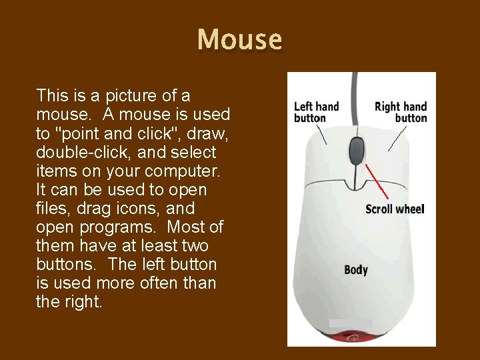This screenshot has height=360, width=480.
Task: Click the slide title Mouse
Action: tap(240, 40)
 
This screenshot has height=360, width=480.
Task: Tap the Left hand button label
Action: tap(316, 112)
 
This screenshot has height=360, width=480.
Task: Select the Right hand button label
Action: tap(401, 112)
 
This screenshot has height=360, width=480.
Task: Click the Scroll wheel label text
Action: tap(395, 209)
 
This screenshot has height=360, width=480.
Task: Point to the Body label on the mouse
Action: tap(356, 270)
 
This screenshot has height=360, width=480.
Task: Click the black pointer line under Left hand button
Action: tap(321, 136)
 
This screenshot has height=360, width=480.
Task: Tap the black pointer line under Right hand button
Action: tap(397, 139)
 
